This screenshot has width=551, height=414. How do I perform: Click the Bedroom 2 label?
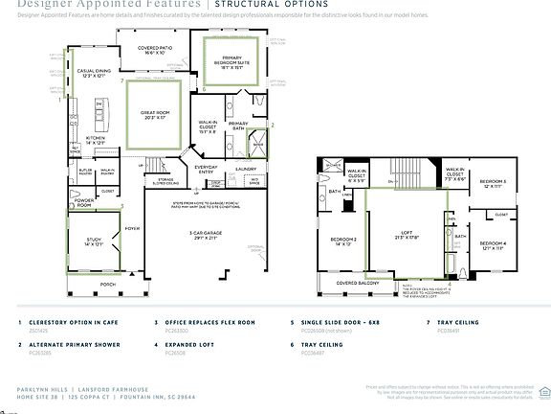coord(345,240)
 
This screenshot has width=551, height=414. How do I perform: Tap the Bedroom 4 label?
coord(493,243)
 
